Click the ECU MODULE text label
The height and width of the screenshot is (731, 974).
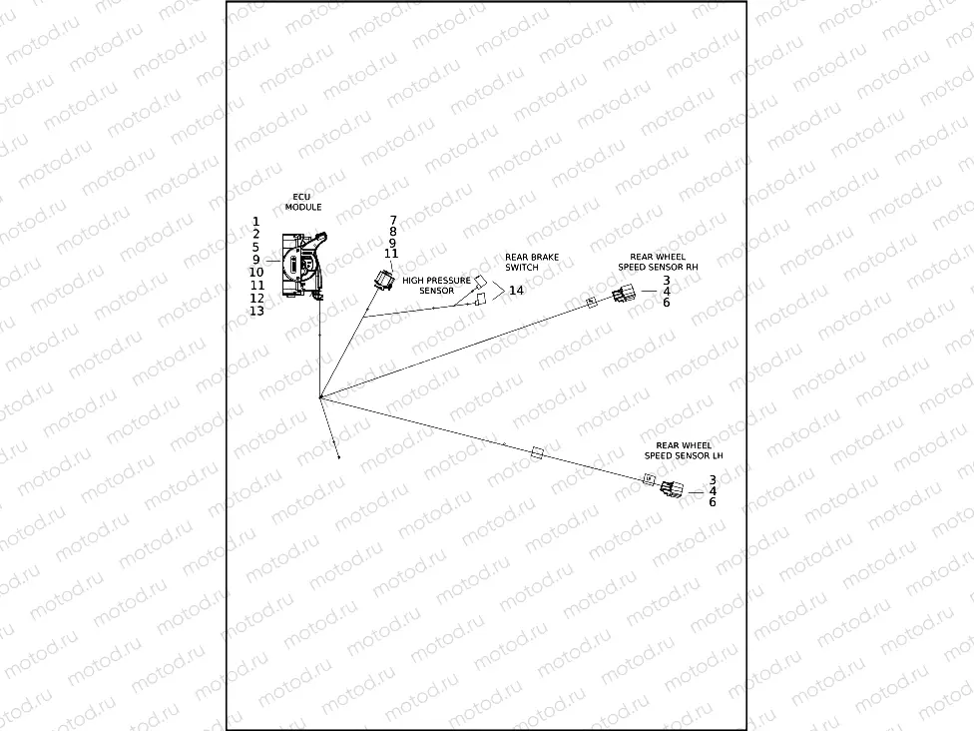303,201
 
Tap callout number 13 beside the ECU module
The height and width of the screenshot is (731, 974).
256,311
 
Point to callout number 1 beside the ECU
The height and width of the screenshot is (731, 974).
255,221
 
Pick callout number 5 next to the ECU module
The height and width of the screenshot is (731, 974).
255,247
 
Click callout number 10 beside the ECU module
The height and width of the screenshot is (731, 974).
256,272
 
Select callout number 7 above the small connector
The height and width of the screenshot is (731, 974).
392,220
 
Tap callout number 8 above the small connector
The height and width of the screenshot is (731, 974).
392,232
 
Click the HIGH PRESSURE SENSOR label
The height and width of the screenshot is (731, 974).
436,286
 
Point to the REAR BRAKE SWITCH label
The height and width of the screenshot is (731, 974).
531,262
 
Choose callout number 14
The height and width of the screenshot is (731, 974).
516,291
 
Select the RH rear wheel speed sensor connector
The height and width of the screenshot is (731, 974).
622,295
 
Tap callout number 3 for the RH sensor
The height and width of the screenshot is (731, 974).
666,280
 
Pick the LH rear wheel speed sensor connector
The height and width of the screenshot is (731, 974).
674,488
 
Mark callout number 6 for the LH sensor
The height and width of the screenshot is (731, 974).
713,503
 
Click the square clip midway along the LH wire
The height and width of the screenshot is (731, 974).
538,452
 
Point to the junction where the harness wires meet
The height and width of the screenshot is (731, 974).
319,398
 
